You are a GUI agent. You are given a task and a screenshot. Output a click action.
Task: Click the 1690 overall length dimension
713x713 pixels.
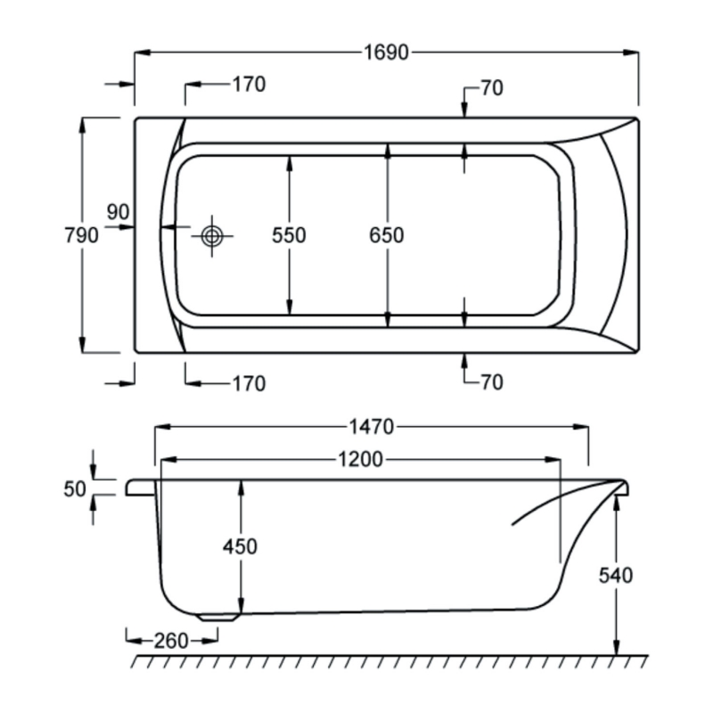tap(385, 53)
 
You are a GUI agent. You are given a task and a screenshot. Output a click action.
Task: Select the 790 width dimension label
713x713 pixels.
tap(82, 235)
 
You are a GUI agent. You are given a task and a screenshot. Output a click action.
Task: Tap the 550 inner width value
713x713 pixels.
tap(289, 235)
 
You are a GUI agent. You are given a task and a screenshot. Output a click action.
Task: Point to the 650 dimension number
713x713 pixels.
tap(387, 235)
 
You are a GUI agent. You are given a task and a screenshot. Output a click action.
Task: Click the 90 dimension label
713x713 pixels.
tap(118, 212)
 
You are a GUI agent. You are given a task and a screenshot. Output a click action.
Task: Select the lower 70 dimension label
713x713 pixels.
tap(491, 382)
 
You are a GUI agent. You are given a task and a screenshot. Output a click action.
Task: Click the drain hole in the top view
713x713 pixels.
tap(212, 236)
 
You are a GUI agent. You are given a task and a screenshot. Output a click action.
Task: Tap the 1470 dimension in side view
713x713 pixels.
tap(370, 428)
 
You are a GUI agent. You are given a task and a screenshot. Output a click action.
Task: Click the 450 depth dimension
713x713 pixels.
tap(240, 545)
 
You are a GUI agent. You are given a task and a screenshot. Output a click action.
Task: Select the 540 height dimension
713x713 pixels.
tap(614, 576)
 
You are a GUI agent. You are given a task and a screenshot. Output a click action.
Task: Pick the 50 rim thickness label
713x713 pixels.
tap(75, 488)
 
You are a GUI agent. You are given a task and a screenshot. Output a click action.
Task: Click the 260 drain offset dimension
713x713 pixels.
tap(170, 639)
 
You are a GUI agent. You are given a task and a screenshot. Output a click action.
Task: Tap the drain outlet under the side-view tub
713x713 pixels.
tap(218, 616)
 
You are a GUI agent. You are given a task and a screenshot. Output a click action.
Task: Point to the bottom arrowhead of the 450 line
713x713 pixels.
tap(240, 606)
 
